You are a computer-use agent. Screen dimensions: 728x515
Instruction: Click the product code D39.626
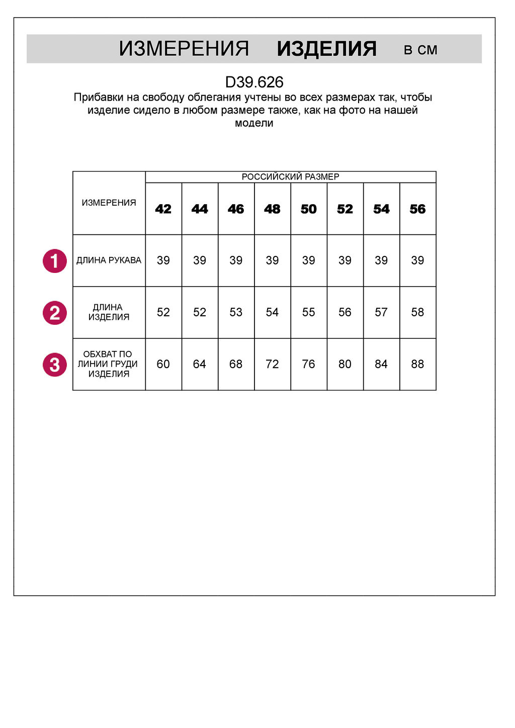click(254, 82)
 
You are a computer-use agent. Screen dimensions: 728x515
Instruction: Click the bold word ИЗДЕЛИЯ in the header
click(326, 49)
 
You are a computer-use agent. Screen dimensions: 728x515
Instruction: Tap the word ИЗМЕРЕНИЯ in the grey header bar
click(184, 49)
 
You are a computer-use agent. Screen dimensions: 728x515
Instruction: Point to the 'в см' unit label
click(420, 50)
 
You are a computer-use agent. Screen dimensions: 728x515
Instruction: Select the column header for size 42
click(163, 209)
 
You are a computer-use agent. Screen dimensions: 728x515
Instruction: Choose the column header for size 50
click(309, 209)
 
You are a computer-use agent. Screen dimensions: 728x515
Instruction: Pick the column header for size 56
click(417, 209)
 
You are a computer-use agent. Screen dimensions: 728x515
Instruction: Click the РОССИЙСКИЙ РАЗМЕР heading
click(290, 176)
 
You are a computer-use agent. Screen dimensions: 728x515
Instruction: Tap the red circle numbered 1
click(55, 261)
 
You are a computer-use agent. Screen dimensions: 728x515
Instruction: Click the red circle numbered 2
click(55, 313)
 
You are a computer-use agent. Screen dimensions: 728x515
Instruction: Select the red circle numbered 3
click(55, 365)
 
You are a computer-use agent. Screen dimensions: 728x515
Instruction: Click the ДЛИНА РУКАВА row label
click(109, 260)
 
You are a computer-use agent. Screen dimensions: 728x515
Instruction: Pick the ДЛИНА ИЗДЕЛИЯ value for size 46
click(236, 312)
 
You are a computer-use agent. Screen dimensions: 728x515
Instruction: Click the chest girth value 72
click(272, 364)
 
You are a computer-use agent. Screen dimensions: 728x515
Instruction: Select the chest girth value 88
click(417, 364)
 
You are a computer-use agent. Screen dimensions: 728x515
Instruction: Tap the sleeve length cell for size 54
click(381, 260)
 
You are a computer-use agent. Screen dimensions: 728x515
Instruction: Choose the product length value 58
click(417, 312)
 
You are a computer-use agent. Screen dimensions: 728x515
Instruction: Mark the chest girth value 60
click(163, 364)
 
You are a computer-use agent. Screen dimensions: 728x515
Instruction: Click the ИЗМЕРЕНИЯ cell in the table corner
click(109, 203)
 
